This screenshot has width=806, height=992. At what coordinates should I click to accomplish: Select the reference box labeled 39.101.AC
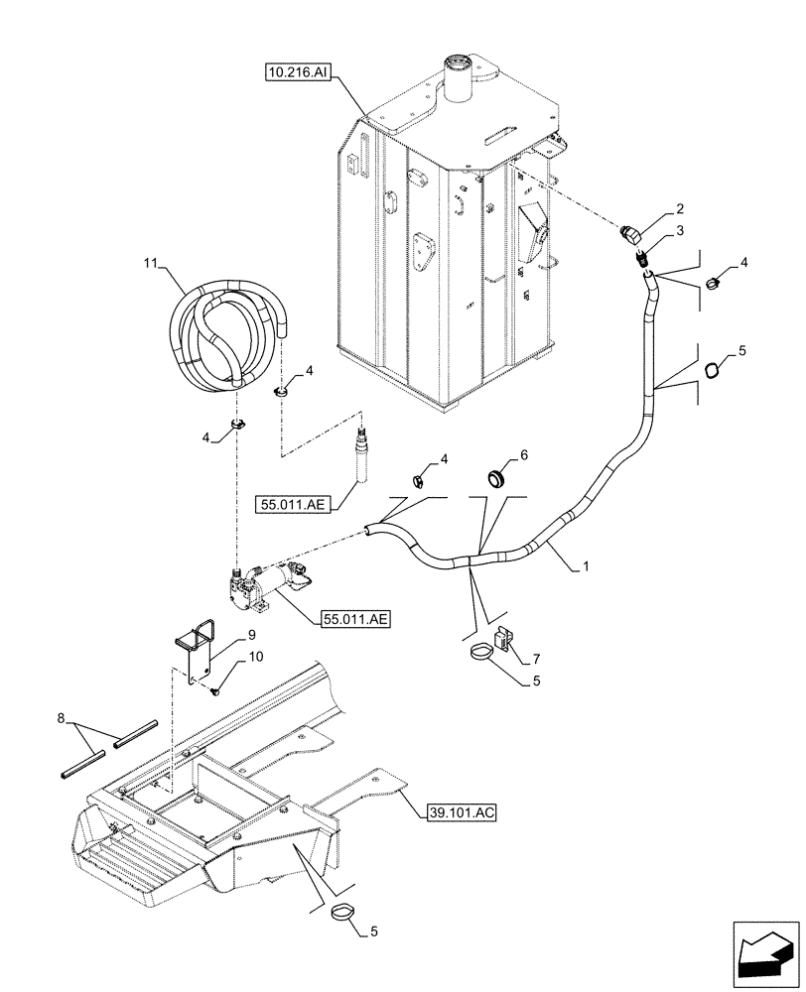(x=462, y=812)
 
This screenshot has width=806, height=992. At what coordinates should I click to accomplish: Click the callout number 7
(x=536, y=657)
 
